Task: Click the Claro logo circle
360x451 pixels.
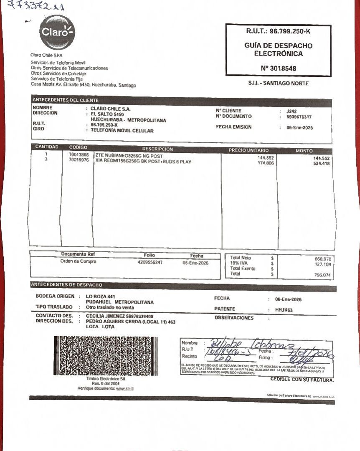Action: [x=57, y=32]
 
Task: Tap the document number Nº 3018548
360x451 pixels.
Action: [x=279, y=68]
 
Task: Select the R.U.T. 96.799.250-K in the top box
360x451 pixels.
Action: [x=279, y=31]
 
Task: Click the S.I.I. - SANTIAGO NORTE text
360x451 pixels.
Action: [x=278, y=84]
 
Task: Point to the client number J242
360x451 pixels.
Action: [x=292, y=111]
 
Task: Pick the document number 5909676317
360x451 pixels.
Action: [x=299, y=117]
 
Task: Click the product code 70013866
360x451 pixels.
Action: [x=79, y=155]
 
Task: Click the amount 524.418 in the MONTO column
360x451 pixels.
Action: [x=321, y=164]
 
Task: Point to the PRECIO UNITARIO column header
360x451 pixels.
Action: [x=248, y=150]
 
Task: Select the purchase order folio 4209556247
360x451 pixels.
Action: [x=150, y=262]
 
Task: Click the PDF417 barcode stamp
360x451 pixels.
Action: [x=106, y=355]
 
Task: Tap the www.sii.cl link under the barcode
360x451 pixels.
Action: [x=124, y=388]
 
